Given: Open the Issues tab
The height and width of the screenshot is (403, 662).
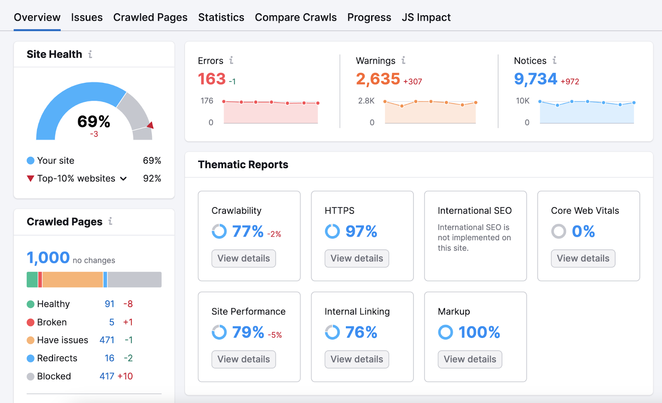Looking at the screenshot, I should tap(86, 17).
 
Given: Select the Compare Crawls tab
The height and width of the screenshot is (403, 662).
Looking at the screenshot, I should tap(295, 17).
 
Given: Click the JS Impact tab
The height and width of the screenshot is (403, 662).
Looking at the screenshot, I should tap(426, 17).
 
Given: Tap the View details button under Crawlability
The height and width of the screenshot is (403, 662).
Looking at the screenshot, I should tap(243, 258).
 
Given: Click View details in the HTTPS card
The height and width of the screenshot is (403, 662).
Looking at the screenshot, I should tap(357, 258).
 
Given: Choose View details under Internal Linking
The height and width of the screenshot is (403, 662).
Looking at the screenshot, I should tap(357, 360).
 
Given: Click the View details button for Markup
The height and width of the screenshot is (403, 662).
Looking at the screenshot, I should tap(470, 360).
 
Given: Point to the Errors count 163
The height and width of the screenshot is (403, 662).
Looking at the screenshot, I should tap(212, 79).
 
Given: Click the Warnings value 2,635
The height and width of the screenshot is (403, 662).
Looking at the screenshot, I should tap(378, 79).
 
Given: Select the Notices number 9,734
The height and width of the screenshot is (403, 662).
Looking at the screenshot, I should tap(535, 79).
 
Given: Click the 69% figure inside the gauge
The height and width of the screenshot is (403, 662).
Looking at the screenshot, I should tap(94, 122).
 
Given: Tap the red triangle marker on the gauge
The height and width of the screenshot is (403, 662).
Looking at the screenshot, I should tap(151, 125).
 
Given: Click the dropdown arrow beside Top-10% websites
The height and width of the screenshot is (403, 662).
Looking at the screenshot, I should tap(123, 179).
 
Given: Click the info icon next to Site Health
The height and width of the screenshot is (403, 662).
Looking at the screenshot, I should tap(90, 54).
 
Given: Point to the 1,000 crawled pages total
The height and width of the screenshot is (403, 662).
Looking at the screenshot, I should tap(48, 258).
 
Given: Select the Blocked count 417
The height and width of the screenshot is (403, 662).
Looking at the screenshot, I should tap(107, 376).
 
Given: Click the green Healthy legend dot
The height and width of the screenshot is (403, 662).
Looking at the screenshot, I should tap(31, 304).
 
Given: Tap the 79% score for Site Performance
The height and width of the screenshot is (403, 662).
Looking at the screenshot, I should tap(248, 332).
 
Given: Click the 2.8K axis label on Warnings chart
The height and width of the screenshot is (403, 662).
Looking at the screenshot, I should tap(366, 101).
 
